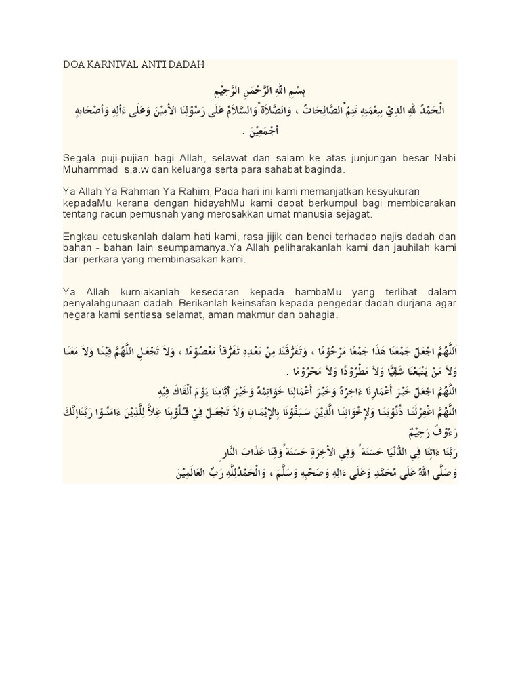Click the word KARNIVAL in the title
pos(112,64)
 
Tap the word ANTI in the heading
pos(153,64)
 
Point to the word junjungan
pos(362,157)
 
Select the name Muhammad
pos(90,169)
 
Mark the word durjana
pos(406,304)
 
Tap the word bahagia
pos(318,316)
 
